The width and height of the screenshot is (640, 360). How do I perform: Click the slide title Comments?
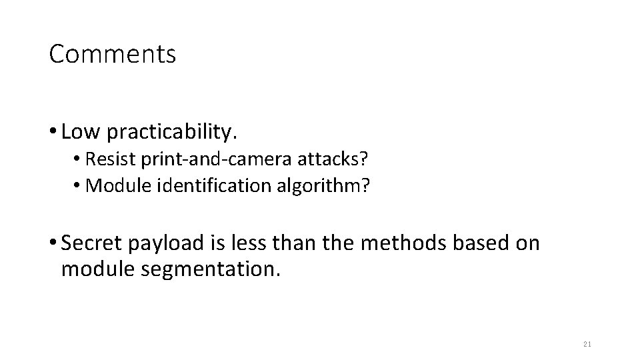[113, 55]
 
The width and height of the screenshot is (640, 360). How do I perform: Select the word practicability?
[171, 133]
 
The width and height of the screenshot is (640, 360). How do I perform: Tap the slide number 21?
[587, 344]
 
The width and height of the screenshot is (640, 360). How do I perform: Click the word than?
[297, 243]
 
